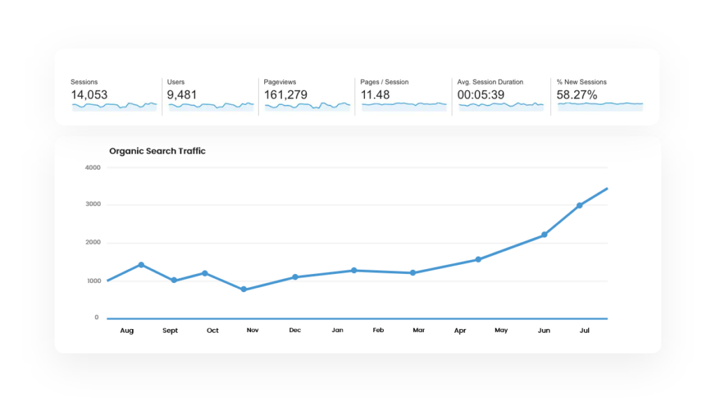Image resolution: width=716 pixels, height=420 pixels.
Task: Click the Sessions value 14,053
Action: coord(89,95)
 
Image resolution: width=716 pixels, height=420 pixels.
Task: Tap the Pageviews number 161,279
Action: coord(285,95)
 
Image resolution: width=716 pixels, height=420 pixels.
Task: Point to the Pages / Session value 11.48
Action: coord(375,95)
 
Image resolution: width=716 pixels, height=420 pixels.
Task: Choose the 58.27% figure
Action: coord(577,95)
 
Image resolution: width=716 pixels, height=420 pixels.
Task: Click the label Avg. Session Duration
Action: coord(490,82)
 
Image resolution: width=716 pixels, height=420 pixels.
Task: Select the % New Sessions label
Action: coord(582,82)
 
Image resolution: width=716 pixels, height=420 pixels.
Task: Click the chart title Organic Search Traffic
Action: coord(157,151)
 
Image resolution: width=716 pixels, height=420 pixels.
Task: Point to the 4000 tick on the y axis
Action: coord(93,168)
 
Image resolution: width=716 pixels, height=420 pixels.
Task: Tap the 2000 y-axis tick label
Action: coord(93,242)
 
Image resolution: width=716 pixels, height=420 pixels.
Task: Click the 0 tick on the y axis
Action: coord(96,317)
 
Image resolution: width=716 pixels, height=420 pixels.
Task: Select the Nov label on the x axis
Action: coord(252,331)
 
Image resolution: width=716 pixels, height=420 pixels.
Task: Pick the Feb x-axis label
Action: coord(378,331)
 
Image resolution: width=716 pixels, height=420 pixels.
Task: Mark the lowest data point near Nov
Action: coord(243,289)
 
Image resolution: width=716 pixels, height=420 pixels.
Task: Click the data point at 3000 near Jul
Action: coord(580,205)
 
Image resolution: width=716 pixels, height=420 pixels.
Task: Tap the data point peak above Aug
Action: coord(141,265)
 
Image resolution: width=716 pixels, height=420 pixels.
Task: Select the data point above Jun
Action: coord(544,235)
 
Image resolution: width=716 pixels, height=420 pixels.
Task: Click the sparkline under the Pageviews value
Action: coord(308,106)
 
